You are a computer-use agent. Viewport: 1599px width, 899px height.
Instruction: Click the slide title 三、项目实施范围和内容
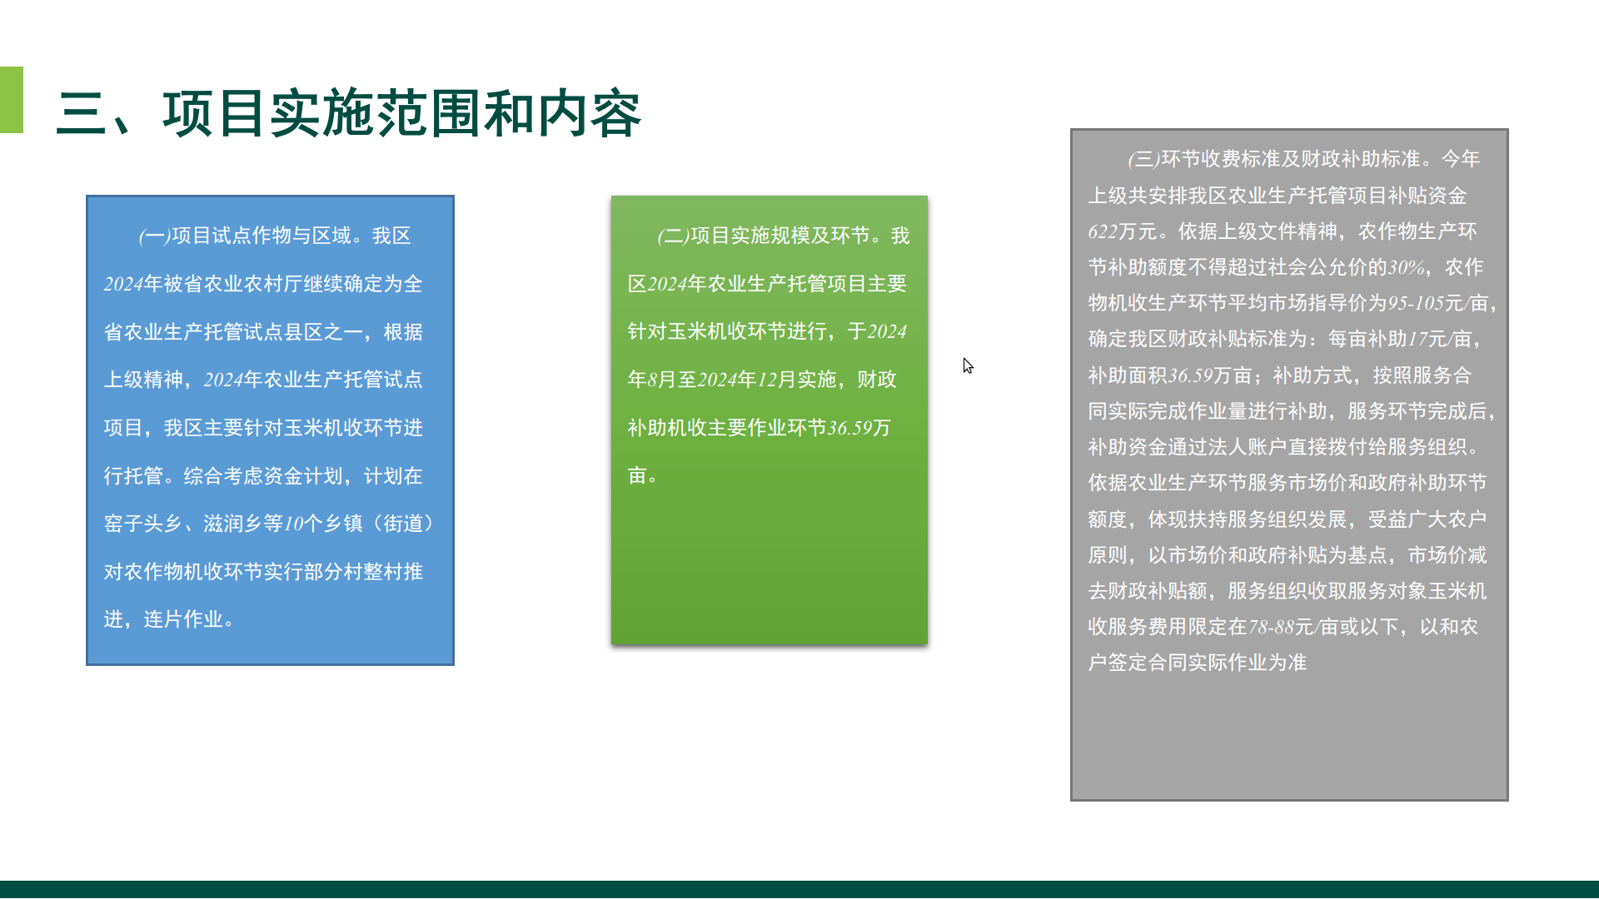point(349,114)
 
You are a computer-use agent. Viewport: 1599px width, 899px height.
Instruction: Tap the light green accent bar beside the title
point(12,100)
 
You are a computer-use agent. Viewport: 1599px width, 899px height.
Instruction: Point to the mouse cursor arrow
point(968,366)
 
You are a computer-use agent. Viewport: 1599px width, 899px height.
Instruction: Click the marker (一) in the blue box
point(155,236)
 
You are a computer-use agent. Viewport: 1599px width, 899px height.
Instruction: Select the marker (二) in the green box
point(674,236)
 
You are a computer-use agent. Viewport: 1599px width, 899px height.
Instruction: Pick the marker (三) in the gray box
point(1144,159)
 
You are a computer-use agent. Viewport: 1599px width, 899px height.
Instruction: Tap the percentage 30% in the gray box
point(1407,267)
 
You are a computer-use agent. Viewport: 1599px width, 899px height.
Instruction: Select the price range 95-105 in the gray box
point(1416,303)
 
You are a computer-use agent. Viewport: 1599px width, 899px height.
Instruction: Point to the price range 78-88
point(1272,627)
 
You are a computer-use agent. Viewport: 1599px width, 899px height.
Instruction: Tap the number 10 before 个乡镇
point(293,524)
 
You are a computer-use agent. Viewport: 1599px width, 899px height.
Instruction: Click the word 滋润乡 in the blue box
point(233,524)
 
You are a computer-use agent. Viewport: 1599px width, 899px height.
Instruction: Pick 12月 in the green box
point(777,380)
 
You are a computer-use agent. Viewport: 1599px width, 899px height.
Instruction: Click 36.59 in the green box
point(849,428)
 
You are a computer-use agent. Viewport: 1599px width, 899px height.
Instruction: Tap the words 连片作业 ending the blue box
point(183,619)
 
